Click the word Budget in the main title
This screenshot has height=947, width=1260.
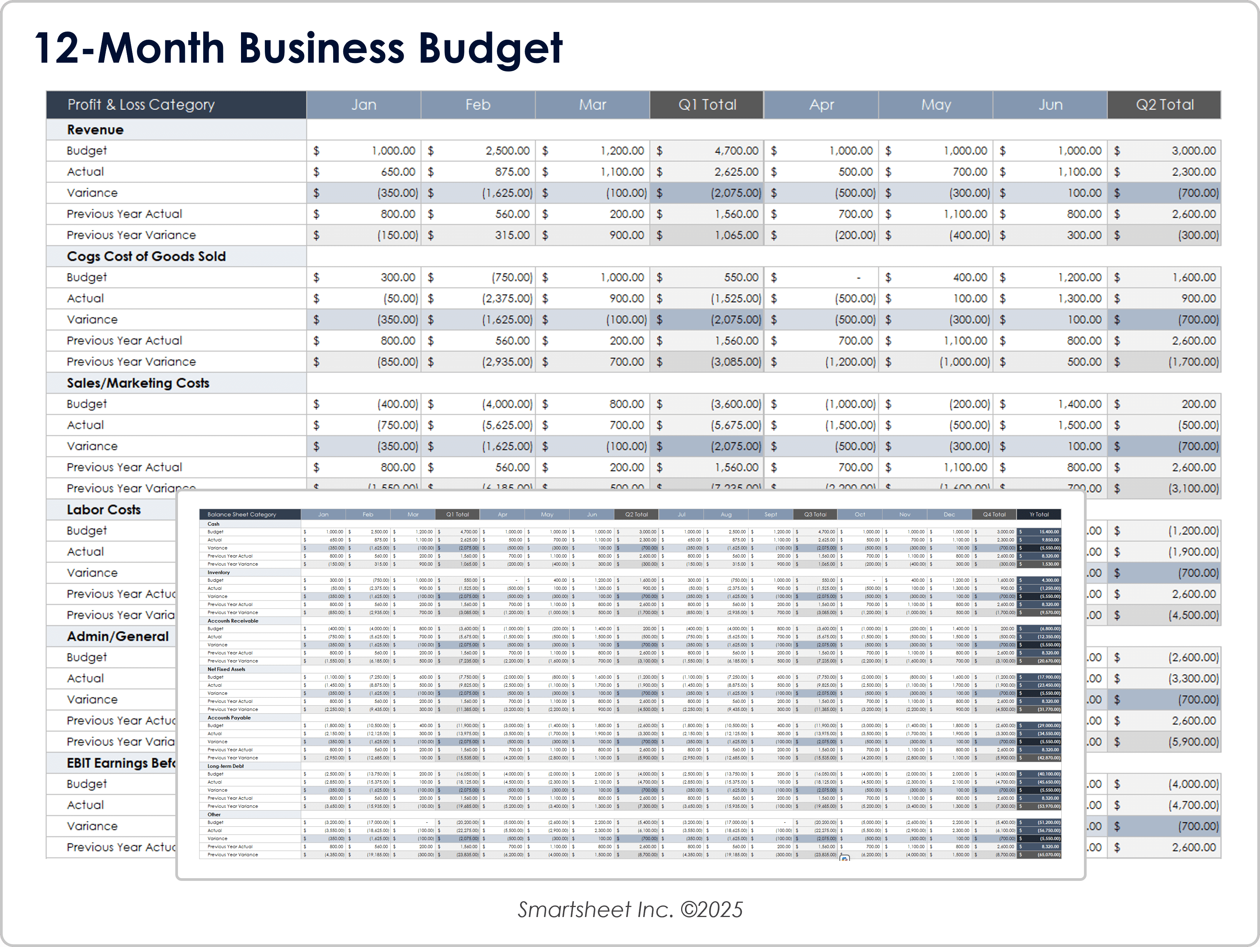pos(490,48)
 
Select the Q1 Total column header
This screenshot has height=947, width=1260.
pos(707,105)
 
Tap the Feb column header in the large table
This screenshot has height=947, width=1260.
pos(477,105)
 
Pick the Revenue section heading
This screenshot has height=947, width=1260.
pos(95,130)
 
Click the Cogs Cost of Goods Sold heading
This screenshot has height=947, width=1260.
pos(146,256)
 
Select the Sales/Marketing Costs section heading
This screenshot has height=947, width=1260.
pos(138,383)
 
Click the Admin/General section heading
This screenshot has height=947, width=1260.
pos(117,636)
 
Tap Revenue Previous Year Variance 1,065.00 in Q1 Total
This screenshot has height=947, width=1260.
pos(736,235)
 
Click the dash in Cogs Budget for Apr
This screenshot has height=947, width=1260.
pos(858,278)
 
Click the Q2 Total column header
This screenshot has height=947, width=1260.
pos(1164,105)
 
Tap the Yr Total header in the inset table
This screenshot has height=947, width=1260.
pos(1039,514)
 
